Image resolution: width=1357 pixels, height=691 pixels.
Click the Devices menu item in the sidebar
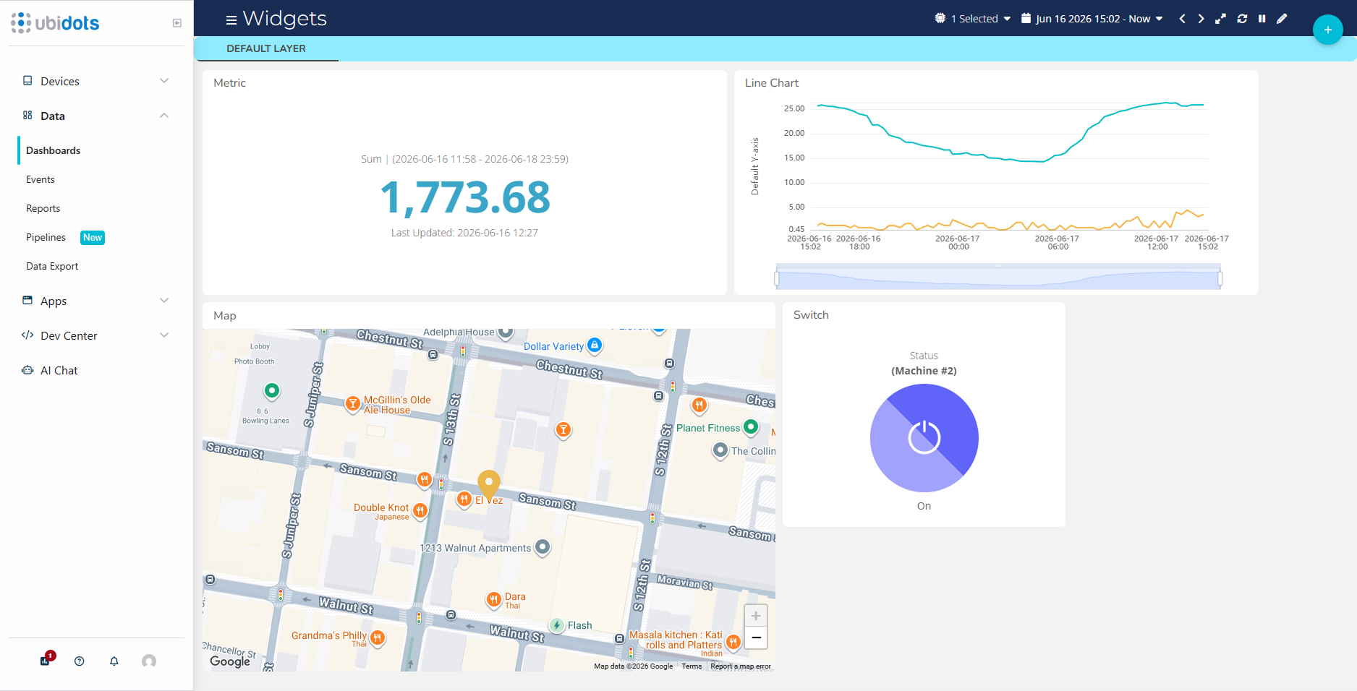coord(60,81)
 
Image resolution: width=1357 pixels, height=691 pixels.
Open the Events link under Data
coord(41,179)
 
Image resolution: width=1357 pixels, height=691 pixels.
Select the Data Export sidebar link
coord(52,266)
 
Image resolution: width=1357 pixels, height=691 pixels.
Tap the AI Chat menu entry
coord(59,370)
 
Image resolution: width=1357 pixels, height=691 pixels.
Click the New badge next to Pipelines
coord(93,237)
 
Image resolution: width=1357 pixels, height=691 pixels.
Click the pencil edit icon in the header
coord(1282,19)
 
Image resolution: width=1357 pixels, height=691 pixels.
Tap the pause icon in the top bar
coord(1262,19)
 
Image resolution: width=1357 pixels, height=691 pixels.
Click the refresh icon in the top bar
coord(1242,19)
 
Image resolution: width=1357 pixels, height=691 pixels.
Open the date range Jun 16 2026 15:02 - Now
coord(1092,19)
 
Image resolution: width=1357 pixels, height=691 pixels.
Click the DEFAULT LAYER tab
coord(266,48)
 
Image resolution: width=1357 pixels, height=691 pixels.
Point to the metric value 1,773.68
coord(465,197)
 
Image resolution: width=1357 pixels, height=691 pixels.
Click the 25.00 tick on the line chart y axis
coord(794,108)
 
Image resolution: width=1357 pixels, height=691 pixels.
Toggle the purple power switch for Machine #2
coord(924,438)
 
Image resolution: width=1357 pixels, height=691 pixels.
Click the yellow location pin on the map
coord(489,485)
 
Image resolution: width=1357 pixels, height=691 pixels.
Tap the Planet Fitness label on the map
coord(708,428)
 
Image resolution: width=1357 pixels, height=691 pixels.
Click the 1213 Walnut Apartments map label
coord(475,548)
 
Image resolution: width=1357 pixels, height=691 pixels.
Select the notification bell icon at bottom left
coord(114,661)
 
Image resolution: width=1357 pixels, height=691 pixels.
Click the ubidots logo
coord(55,23)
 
